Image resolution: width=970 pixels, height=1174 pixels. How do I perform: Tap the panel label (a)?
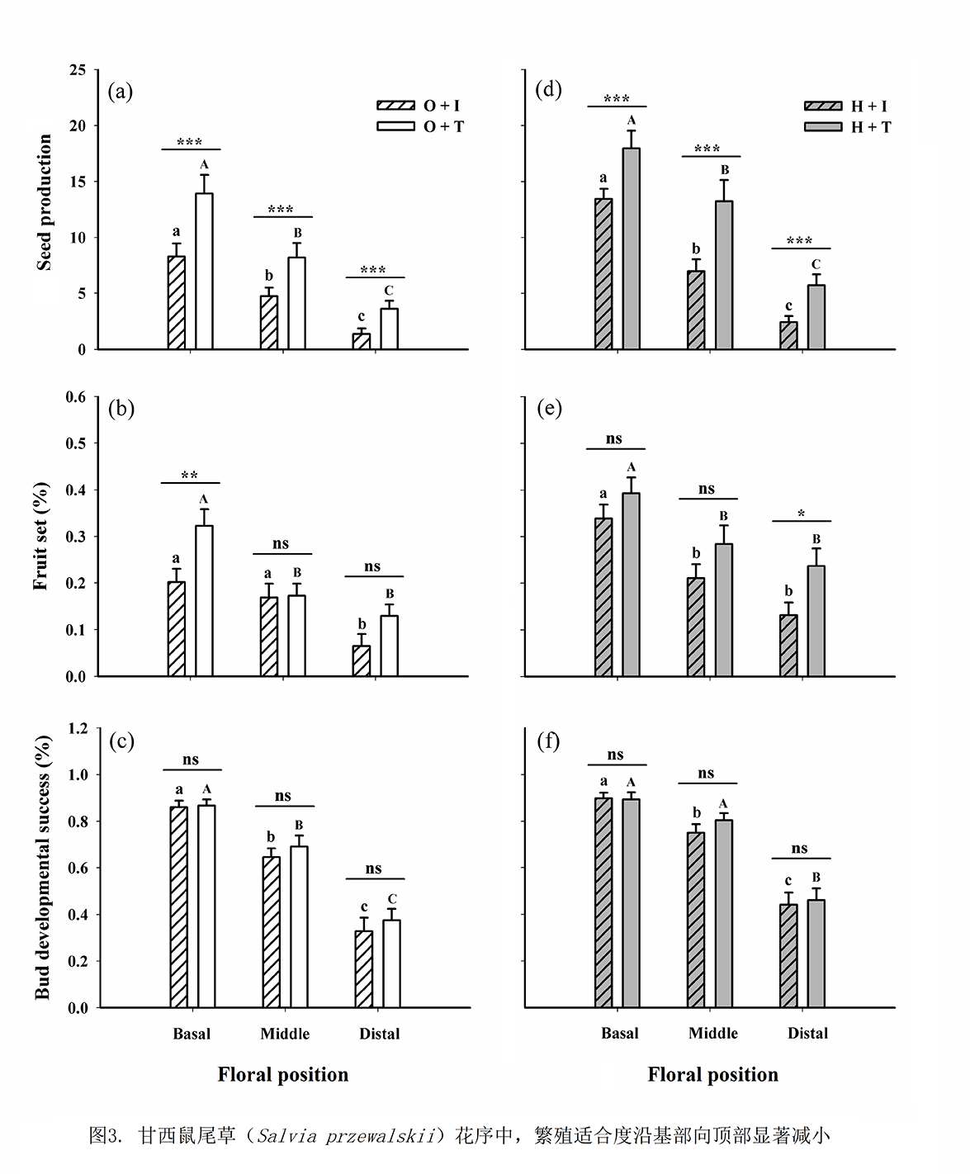click(121, 91)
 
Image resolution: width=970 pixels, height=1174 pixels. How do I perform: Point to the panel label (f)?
click(548, 741)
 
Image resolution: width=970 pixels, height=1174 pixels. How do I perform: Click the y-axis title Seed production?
click(45, 202)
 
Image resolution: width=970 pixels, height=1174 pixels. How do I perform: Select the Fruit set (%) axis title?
click(41, 537)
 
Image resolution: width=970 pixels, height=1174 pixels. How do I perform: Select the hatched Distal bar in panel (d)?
click(788, 336)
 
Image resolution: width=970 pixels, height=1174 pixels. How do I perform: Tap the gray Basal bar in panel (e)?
click(632, 585)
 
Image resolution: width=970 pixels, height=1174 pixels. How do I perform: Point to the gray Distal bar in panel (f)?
click(816, 954)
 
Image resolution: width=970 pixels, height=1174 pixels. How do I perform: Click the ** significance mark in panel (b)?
click(190, 476)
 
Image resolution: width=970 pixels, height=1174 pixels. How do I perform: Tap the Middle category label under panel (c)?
click(285, 1034)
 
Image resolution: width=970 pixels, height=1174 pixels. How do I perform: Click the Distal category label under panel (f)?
click(807, 1033)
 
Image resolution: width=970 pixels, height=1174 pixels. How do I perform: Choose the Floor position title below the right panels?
click(712, 1074)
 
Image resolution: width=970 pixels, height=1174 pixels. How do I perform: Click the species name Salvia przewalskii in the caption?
click(346, 1136)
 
